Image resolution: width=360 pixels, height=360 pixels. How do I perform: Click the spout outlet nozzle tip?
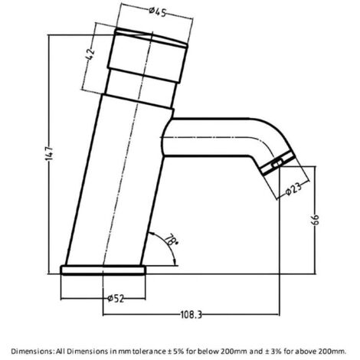[x=276, y=164]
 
